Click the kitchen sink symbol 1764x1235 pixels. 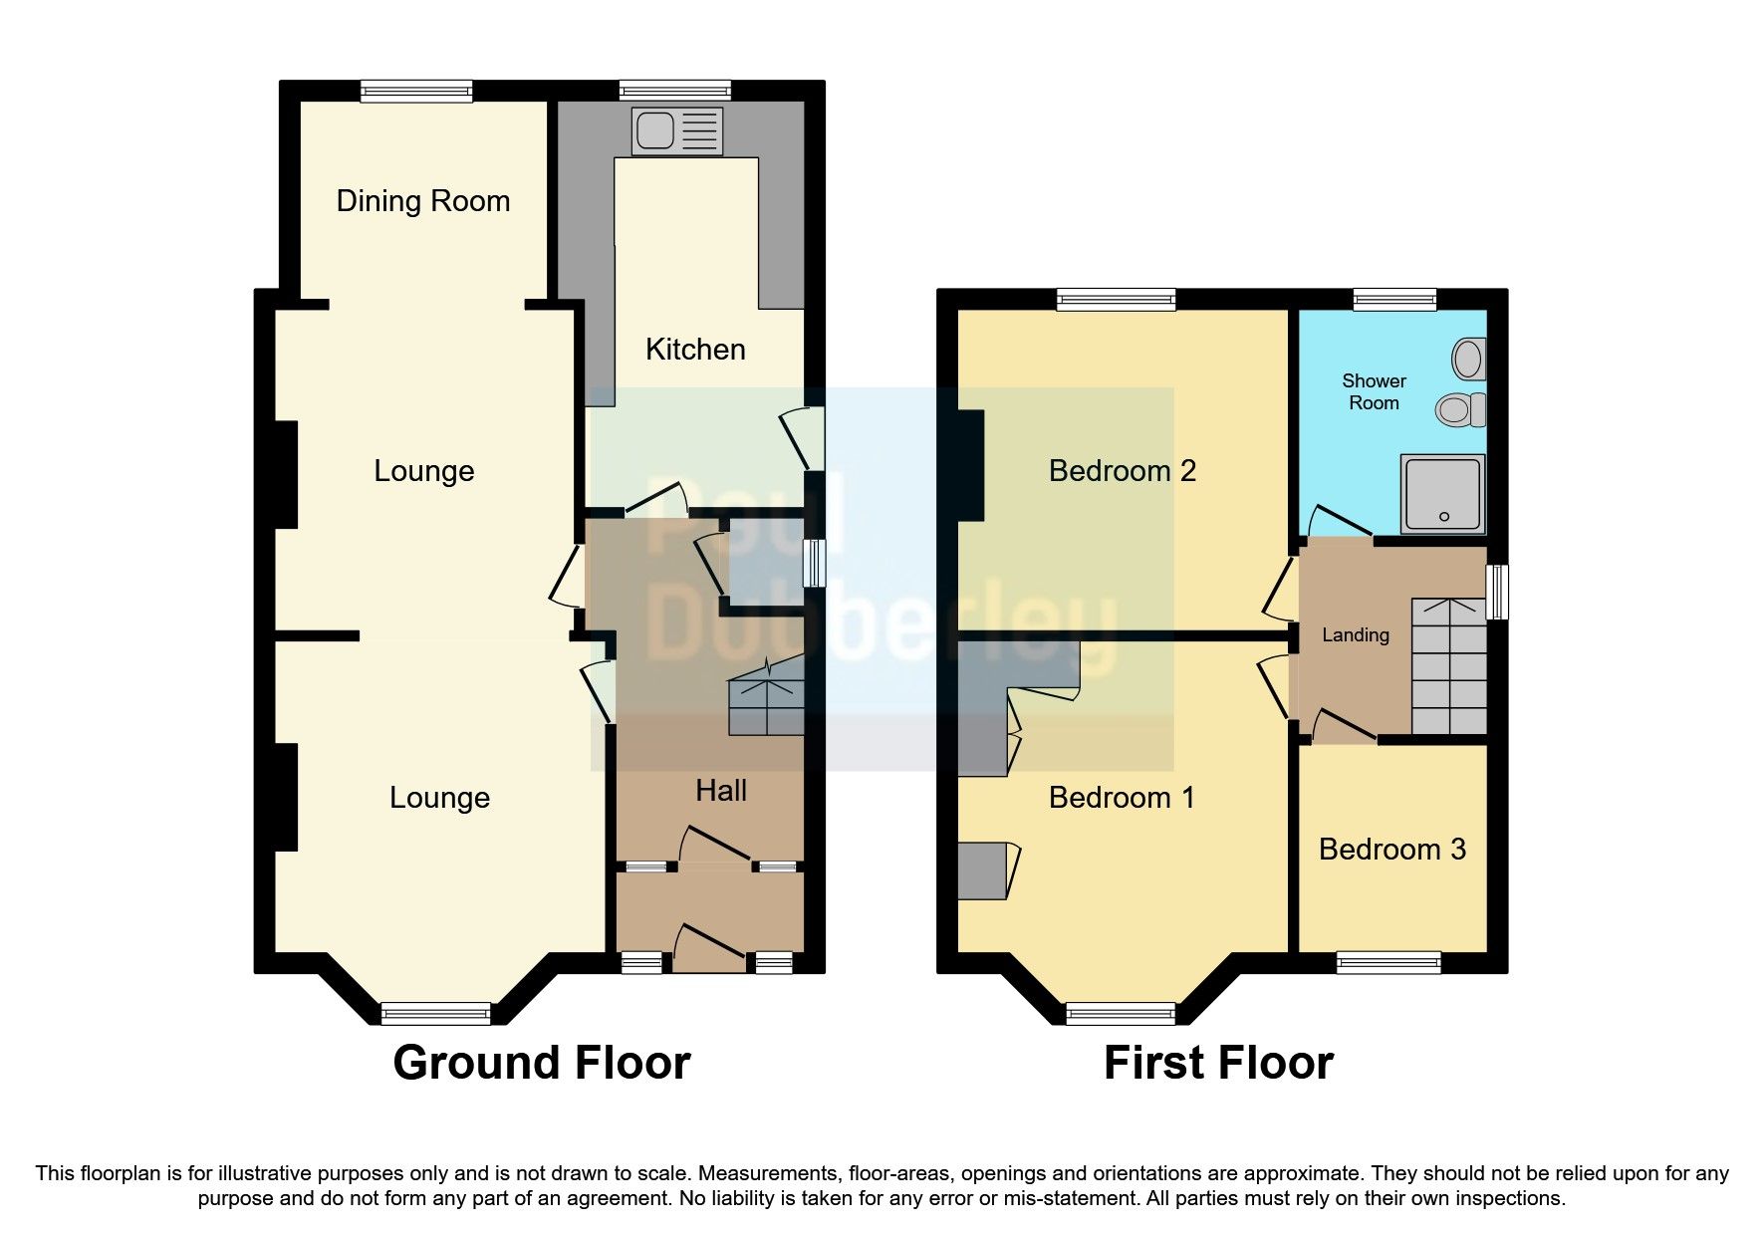pyautogui.click(x=677, y=131)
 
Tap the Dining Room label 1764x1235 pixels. pyautogui.click(x=423, y=201)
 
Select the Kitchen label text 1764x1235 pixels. pyautogui.click(x=695, y=350)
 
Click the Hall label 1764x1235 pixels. pyautogui.click(x=721, y=791)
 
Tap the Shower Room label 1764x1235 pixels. pyautogui.click(x=1374, y=391)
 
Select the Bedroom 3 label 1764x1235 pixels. pyautogui.click(x=1391, y=850)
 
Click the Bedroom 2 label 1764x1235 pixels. pyautogui.click(x=1122, y=471)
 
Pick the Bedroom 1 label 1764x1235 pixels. pyautogui.click(x=1122, y=798)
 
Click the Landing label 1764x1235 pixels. pyautogui.click(x=1355, y=635)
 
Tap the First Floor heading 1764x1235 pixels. pyautogui.click(x=1217, y=1063)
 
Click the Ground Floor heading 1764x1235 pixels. pyautogui.click(x=541, y=1063)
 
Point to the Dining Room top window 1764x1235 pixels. pyautogui.click(x=416, y=92)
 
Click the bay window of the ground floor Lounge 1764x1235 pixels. pyautogui.click(x=436, y=1013)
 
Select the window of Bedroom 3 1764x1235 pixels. pyautogui.click(x=1388, y=962)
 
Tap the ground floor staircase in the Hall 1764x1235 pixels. pyautogui.click(x=766, y=704)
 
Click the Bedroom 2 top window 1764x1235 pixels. pyautogui.click(x=1117, y=300)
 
